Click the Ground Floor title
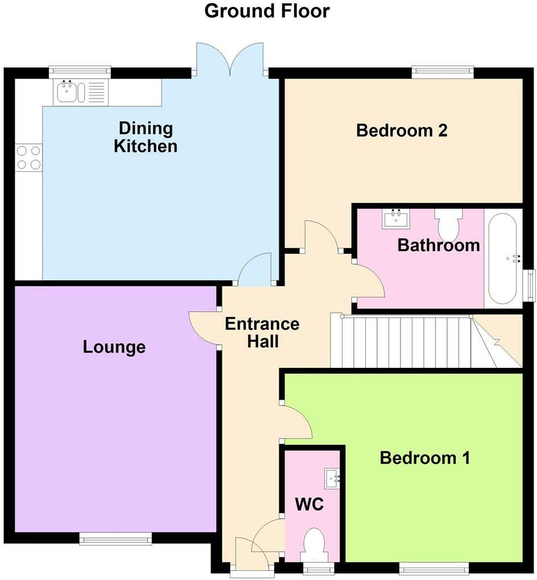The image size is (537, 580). point(267,11)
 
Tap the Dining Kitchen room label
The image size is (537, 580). point(145,137)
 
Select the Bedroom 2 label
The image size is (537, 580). point(402,131)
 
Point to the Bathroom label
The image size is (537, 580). point(438,246)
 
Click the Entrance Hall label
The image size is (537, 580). point(262,333)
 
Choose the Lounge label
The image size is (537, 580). point(114,347)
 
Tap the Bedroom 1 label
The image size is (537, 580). point(425,458)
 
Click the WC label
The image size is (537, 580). point(309,504)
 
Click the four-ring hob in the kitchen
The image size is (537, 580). point(28,158)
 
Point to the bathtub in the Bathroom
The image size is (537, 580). point(502,259)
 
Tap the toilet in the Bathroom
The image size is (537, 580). point(449,223)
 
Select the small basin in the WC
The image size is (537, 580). point(332,479)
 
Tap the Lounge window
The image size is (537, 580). point(115,538)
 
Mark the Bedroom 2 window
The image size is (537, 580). point(443,71)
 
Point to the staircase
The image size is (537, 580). point(410,341)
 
